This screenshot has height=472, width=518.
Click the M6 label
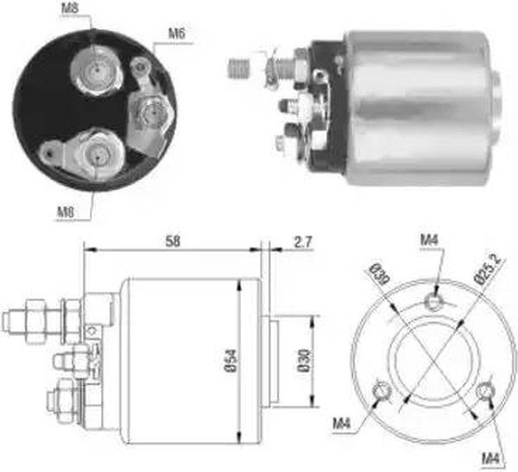pos(177,34)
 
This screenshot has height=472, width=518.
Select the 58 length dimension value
pos(173,242)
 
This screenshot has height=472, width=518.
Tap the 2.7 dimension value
pos(302,242)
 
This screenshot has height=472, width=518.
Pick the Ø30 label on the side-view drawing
pos(304,360)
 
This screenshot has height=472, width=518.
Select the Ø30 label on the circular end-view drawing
pos(379,274)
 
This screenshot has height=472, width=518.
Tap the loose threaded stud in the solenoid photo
pos(238,68)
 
